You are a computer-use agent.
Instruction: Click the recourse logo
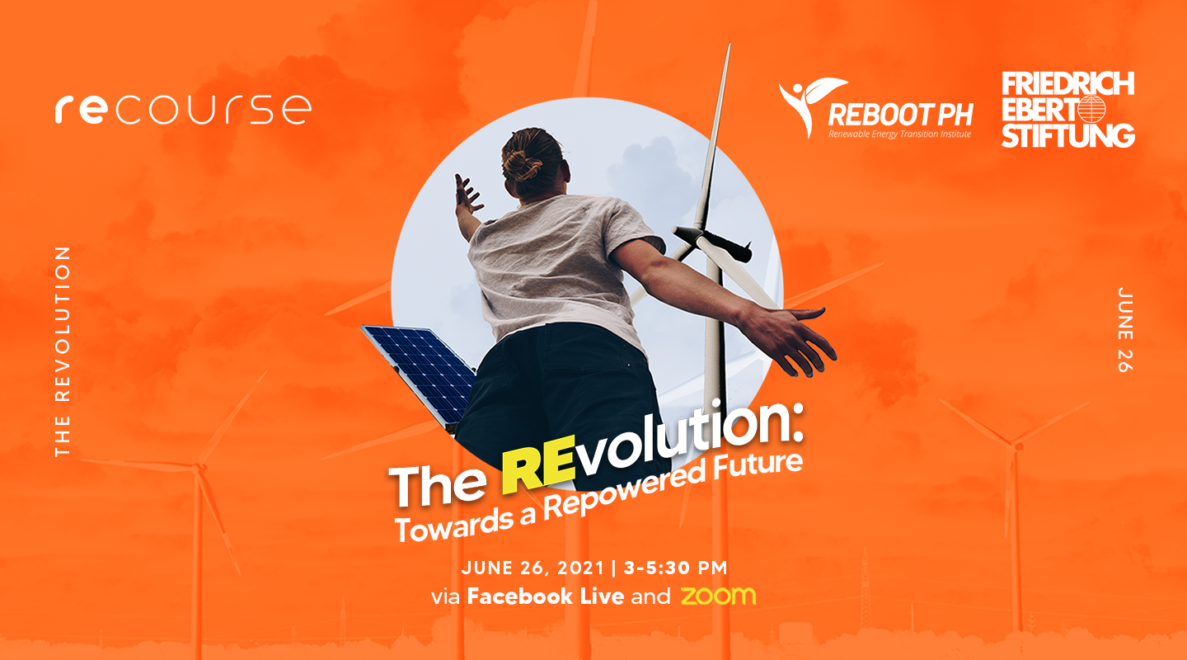point(183,109)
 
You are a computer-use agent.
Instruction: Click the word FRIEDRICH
point(1067,84)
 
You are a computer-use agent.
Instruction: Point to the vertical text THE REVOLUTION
point(63,351)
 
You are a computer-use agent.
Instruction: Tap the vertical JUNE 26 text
point(1125,329)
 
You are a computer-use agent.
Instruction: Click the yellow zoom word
point(718,596)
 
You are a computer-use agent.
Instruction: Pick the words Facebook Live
point(546,596)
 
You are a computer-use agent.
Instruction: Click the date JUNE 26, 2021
point(533,568)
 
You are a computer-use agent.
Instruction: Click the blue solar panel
point(420,372)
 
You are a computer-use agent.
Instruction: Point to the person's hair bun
point(522,164)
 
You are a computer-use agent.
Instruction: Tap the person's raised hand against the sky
point(467,195)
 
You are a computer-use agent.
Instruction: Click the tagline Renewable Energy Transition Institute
point(900,134)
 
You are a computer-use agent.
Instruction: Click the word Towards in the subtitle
point(449,528)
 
